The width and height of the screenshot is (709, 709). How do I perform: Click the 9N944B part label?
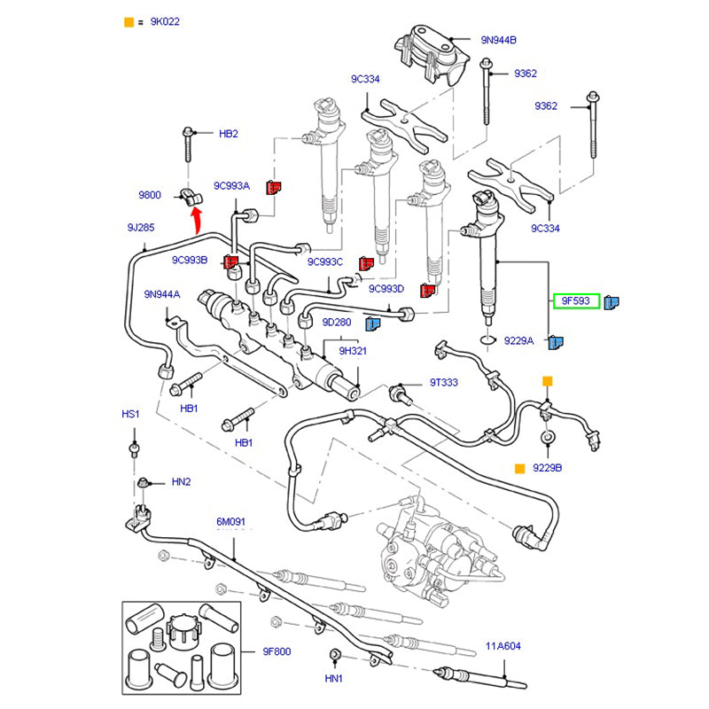click(x=499, y=40)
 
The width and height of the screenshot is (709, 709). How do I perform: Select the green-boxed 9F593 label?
click(x=576, y=301)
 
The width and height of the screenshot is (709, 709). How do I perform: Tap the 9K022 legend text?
click(x=166, y=21)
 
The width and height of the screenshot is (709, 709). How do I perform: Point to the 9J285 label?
click(x=141, y=228)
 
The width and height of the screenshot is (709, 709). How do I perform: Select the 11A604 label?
click(x=502, y=646)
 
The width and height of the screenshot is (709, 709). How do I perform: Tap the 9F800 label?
click(x=277, y=651)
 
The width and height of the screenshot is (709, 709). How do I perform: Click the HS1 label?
click(x=131, y=415)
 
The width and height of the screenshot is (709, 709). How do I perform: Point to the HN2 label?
click(x=182, y=482)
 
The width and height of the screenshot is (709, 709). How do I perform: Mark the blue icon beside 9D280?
click(x=373, y=323)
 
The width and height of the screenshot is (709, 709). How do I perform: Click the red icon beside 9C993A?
click(x=274, y=186)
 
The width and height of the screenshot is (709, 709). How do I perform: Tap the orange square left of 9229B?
click(x=519, y=467)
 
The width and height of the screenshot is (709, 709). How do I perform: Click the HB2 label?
click(x=229, y=134)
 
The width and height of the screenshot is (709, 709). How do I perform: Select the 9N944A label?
click(x=162, y=294)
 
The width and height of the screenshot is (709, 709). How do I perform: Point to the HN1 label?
click(x=333, y=680)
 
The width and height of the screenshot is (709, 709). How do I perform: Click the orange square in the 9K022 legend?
click(x=129, y=21)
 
